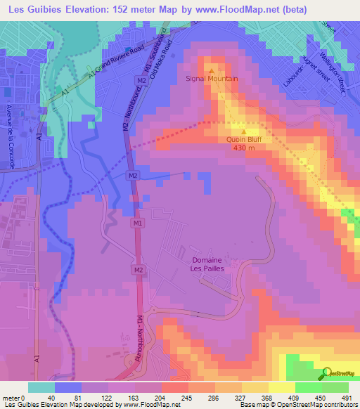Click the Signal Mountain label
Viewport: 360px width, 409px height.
pos(212,79)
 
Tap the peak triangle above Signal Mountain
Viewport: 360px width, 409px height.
pos(212,70)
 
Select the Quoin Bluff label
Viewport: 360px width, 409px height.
pos(244,139)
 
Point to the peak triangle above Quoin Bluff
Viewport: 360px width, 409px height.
pos(244,131)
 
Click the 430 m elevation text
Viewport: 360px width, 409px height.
pos(245,148)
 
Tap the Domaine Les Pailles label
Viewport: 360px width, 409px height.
pos(207,264)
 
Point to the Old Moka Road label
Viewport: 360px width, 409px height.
pos(167,60)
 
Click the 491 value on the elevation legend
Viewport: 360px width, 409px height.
pos(346,397)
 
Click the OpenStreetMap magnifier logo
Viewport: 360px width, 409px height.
pos(326,373)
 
